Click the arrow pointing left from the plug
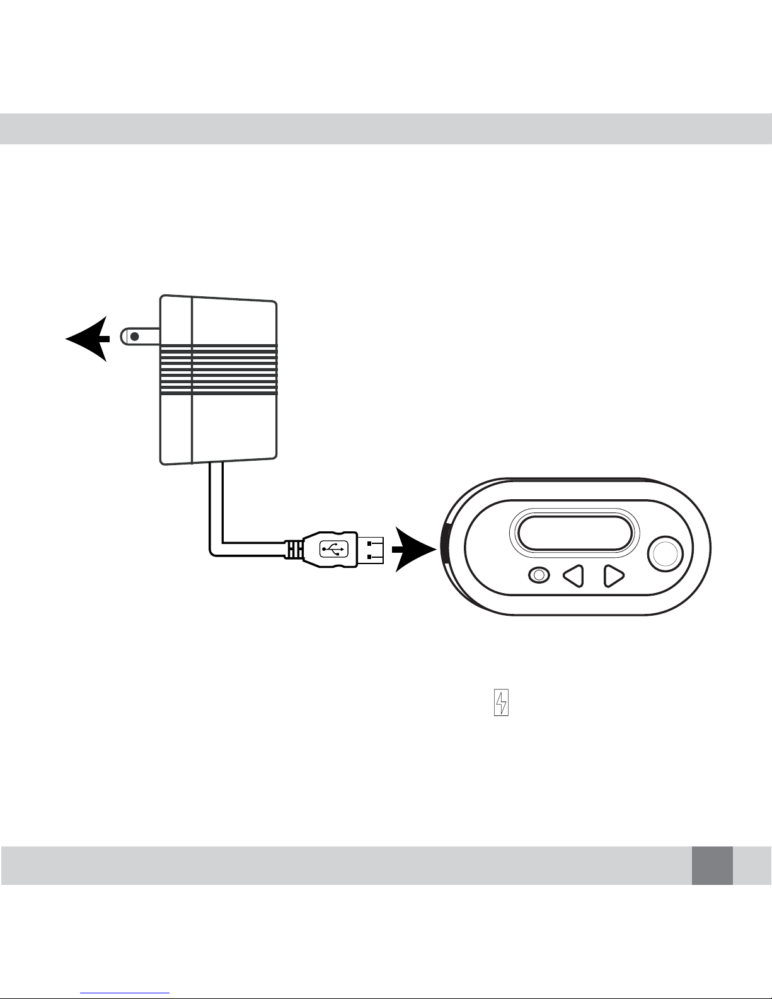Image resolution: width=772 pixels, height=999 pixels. point(88,339)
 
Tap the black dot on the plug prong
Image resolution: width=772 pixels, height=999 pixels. point(134,337)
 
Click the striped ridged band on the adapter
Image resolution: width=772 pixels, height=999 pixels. point(219,370)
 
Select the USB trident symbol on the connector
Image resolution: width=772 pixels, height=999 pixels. point(334,548)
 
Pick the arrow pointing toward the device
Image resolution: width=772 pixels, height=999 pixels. point(413,549)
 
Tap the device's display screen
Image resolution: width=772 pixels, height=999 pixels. point(574,533)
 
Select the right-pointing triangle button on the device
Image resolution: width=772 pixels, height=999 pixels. point(613,575)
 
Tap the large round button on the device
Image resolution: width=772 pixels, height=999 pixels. point(665,554)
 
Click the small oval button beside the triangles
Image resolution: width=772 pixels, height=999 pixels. point(538,575)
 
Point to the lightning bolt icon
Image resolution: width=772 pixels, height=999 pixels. point(501,703)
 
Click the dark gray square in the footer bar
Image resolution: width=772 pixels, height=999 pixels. point(712,865)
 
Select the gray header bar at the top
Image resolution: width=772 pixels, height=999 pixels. point(386,129)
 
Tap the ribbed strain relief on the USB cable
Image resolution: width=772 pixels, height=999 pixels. point(293,549)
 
